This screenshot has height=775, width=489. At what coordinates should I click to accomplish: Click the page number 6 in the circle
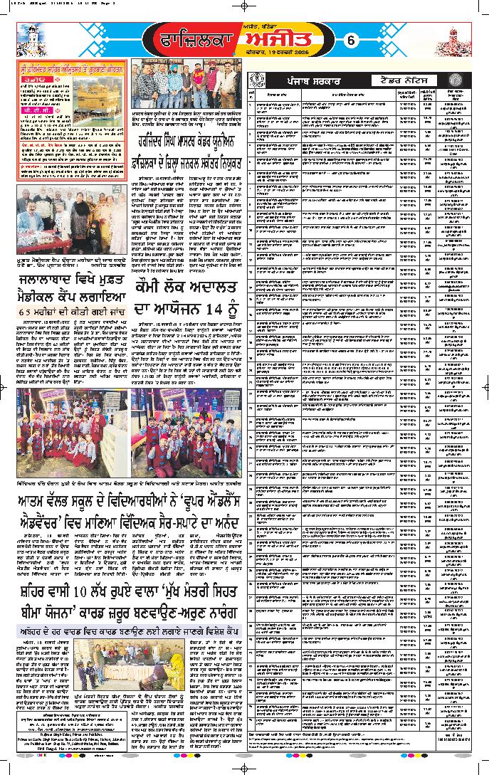(351, 41)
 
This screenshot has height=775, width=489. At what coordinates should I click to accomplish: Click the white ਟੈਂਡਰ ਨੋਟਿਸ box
(403, 81)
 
